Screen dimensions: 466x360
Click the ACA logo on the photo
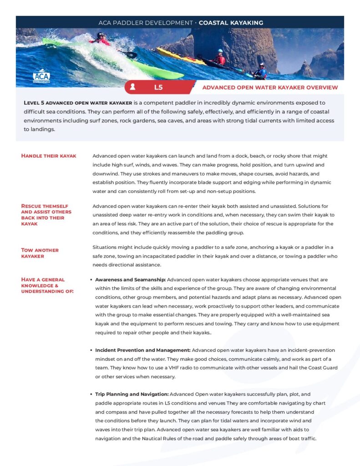[42, 76]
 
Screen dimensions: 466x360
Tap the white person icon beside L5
[132, 86]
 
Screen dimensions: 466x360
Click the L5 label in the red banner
[158, 87]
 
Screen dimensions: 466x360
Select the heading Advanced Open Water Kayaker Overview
[270, 87]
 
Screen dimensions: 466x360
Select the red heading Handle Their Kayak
[49, 156]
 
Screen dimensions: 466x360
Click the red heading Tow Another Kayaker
[40, 253]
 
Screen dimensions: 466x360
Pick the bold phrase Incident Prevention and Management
[143, 350]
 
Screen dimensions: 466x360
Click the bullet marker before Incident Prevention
[91, 350]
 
